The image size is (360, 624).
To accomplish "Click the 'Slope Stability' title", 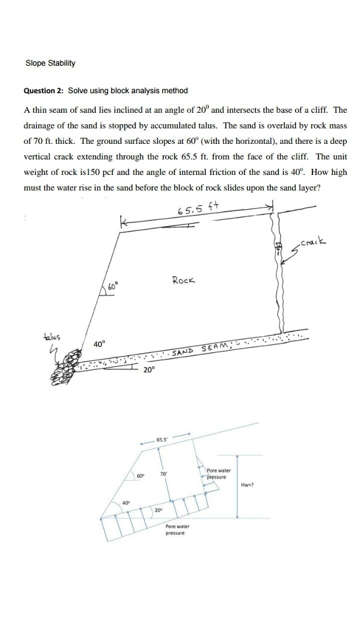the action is (x=50, y=63).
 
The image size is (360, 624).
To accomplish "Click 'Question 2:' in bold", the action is (x=43, y=91).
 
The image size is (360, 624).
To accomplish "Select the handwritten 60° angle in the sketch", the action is (x=114, y=286).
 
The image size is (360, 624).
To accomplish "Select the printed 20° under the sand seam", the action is (x=150, y=370).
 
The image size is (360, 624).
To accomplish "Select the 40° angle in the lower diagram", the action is (x=127, y=502).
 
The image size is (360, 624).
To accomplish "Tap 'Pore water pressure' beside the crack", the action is (x=219, y=473).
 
